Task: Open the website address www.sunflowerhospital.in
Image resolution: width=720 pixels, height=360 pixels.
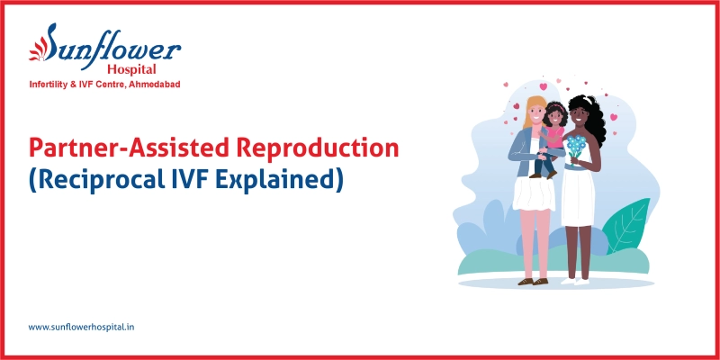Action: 82,327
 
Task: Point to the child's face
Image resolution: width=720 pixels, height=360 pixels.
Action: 555,115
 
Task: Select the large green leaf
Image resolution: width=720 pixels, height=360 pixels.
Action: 629,225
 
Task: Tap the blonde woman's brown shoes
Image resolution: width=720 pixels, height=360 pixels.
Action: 531,281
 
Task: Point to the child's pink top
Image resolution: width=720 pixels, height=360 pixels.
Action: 553,138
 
